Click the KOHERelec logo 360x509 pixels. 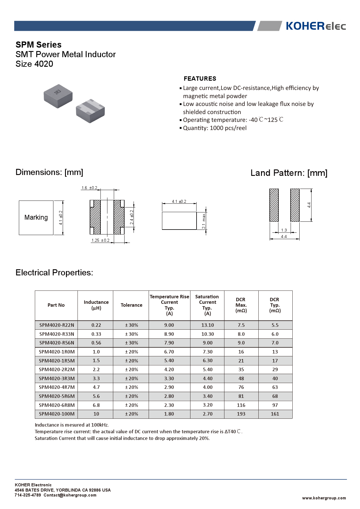tap(316, 26)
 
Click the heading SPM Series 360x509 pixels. tap(39, 45)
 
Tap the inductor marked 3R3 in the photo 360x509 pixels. tap(58, 96)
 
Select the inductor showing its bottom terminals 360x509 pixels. tap(90, 111)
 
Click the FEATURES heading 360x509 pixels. tap(200, 79)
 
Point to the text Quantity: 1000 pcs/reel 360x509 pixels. tap(215, 128)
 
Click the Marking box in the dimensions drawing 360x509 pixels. tap(36, 218)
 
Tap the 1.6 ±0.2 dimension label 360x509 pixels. tap(89, 188)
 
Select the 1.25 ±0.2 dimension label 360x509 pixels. tap(100, 240)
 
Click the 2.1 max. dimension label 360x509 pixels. tap(204, 221)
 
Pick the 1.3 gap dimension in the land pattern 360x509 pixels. tap(284, 230)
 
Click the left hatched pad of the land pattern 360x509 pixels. tap(274, 205)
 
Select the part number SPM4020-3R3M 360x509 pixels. tap(57, 378)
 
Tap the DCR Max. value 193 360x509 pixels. tap(241, 414)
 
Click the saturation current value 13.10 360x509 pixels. tap(207, 325)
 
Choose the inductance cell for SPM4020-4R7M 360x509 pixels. tap(96, 387)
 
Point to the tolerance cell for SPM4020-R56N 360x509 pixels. tap(132, 343)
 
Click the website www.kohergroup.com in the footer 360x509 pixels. tap(324, 498)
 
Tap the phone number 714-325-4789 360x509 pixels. tap(28, 495)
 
